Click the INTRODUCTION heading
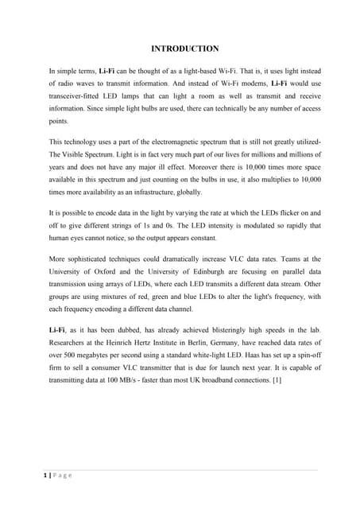(x=180, y=48)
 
